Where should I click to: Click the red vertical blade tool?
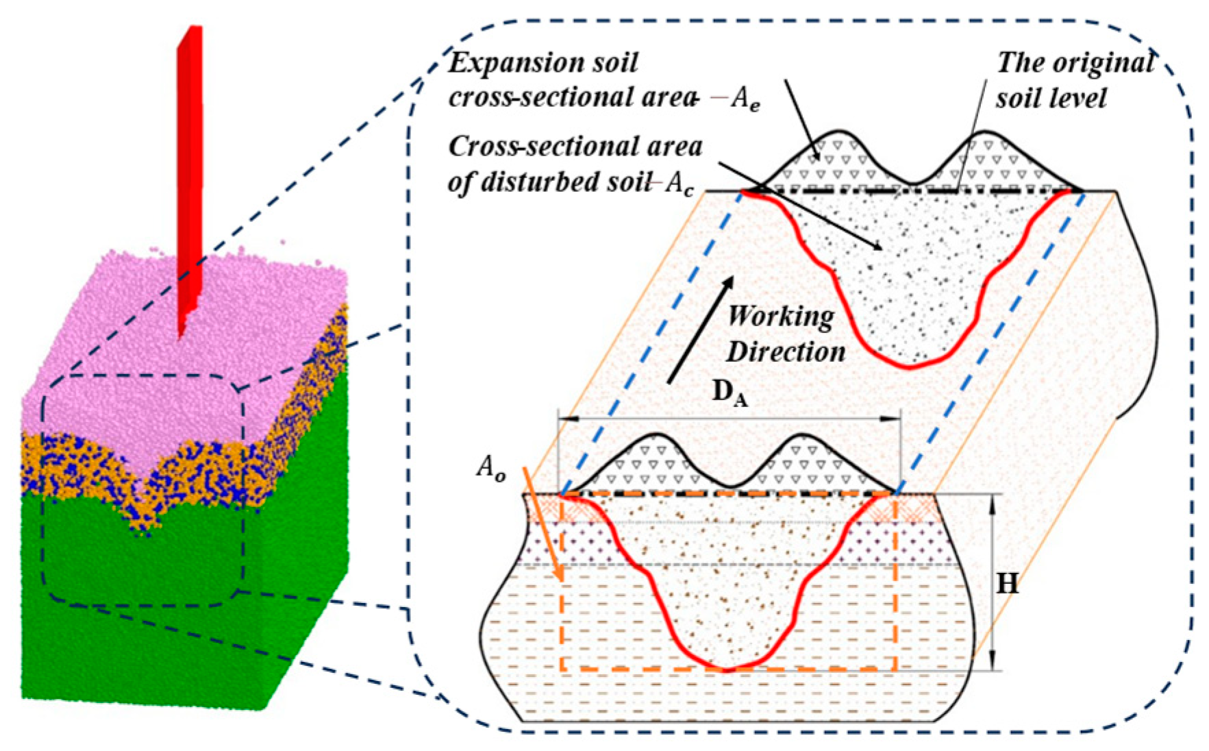[x=190, y=178]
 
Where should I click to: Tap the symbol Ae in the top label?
[x=745, y=100]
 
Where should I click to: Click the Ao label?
[x=491, y=468]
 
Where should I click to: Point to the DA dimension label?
[x=730, y=393]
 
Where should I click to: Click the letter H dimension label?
[x=1007, y=583]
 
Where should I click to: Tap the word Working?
[x=781, y=317]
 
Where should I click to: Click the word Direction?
[x=786, y=352]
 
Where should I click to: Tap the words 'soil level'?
[x=1051, y=99]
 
